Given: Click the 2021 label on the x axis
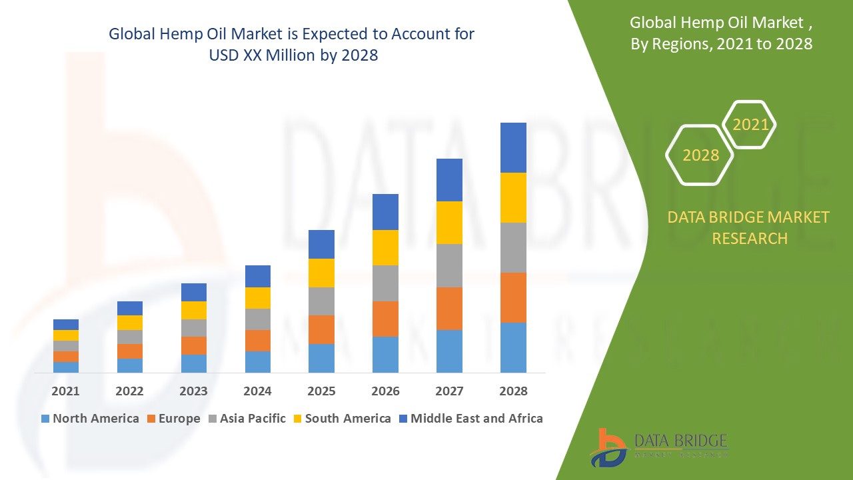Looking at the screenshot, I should [x=65, y=391].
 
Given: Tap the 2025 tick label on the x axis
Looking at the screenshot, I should [x=321, y=391].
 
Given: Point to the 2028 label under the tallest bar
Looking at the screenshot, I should [x=513, y=391].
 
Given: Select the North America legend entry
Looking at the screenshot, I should [x=90, y=419].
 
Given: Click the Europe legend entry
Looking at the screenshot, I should [x=173, y=419].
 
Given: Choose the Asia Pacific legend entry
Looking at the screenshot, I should [x=247, y=419].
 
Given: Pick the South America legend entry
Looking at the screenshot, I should [x=342, y=419].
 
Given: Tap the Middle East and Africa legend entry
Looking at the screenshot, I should [x=470, y=419].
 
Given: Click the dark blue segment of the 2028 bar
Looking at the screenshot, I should [x=513, y=147].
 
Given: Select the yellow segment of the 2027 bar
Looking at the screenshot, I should [x=449, y=222].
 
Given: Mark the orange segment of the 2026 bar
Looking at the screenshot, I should [x=385, y=319].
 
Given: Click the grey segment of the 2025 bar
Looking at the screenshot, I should [x=321, y=301].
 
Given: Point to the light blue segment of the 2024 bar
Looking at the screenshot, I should [x=257, y=361].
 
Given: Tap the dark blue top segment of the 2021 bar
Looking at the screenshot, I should [x=65, y=325].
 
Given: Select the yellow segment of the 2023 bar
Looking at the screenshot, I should [x=193, y=310].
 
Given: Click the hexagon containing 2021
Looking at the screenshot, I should [x=750, y=125].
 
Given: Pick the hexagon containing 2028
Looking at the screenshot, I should [x=700, y=155].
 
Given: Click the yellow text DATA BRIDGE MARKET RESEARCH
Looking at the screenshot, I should [x=749, y=227].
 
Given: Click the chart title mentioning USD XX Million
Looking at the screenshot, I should [x=292, y=45].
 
